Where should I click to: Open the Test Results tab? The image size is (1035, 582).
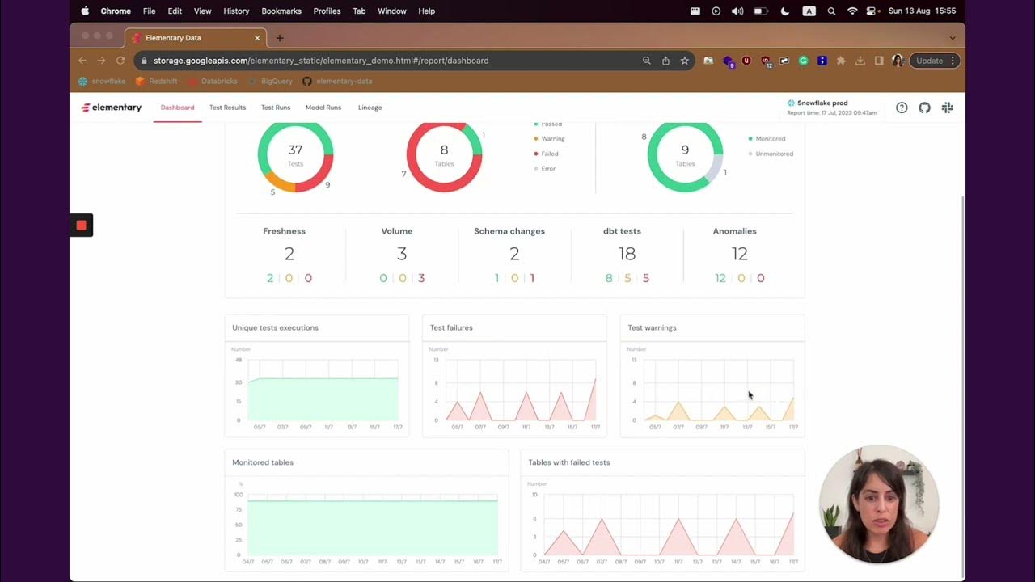[227, 108]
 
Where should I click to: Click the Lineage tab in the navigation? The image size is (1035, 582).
[370, 108]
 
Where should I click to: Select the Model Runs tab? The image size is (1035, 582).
[323, 108]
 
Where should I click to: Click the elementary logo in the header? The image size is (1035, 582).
[112, 108]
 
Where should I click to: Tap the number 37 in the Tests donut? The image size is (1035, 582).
[295, 150]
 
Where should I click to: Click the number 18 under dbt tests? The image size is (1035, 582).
[627, 254]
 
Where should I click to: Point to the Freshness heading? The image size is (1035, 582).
[284, 231]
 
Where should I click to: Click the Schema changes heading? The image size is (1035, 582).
[509, 231]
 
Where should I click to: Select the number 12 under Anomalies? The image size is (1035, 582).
[739, 254]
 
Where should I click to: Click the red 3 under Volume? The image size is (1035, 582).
[421, 278]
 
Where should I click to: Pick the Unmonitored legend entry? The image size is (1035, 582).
[774, 154]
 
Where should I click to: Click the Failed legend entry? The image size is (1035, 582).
[549, 154]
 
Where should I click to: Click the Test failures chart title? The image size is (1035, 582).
[451, 327]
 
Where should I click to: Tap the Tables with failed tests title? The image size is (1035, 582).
[568, 462]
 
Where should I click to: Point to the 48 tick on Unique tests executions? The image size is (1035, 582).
[239, 360]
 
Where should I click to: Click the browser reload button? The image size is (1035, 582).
[120, 61]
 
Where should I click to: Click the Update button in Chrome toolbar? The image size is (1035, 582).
[929, 61]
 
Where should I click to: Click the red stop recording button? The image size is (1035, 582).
[81, 225]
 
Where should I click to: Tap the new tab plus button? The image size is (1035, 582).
[280, 38]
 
